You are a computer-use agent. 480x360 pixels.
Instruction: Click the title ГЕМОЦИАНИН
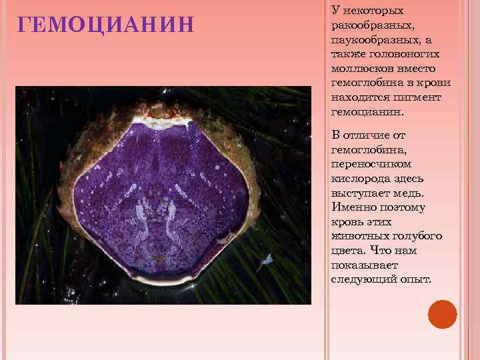tap(106, 25)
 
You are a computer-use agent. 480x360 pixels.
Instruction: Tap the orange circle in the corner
tap(442, 314)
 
